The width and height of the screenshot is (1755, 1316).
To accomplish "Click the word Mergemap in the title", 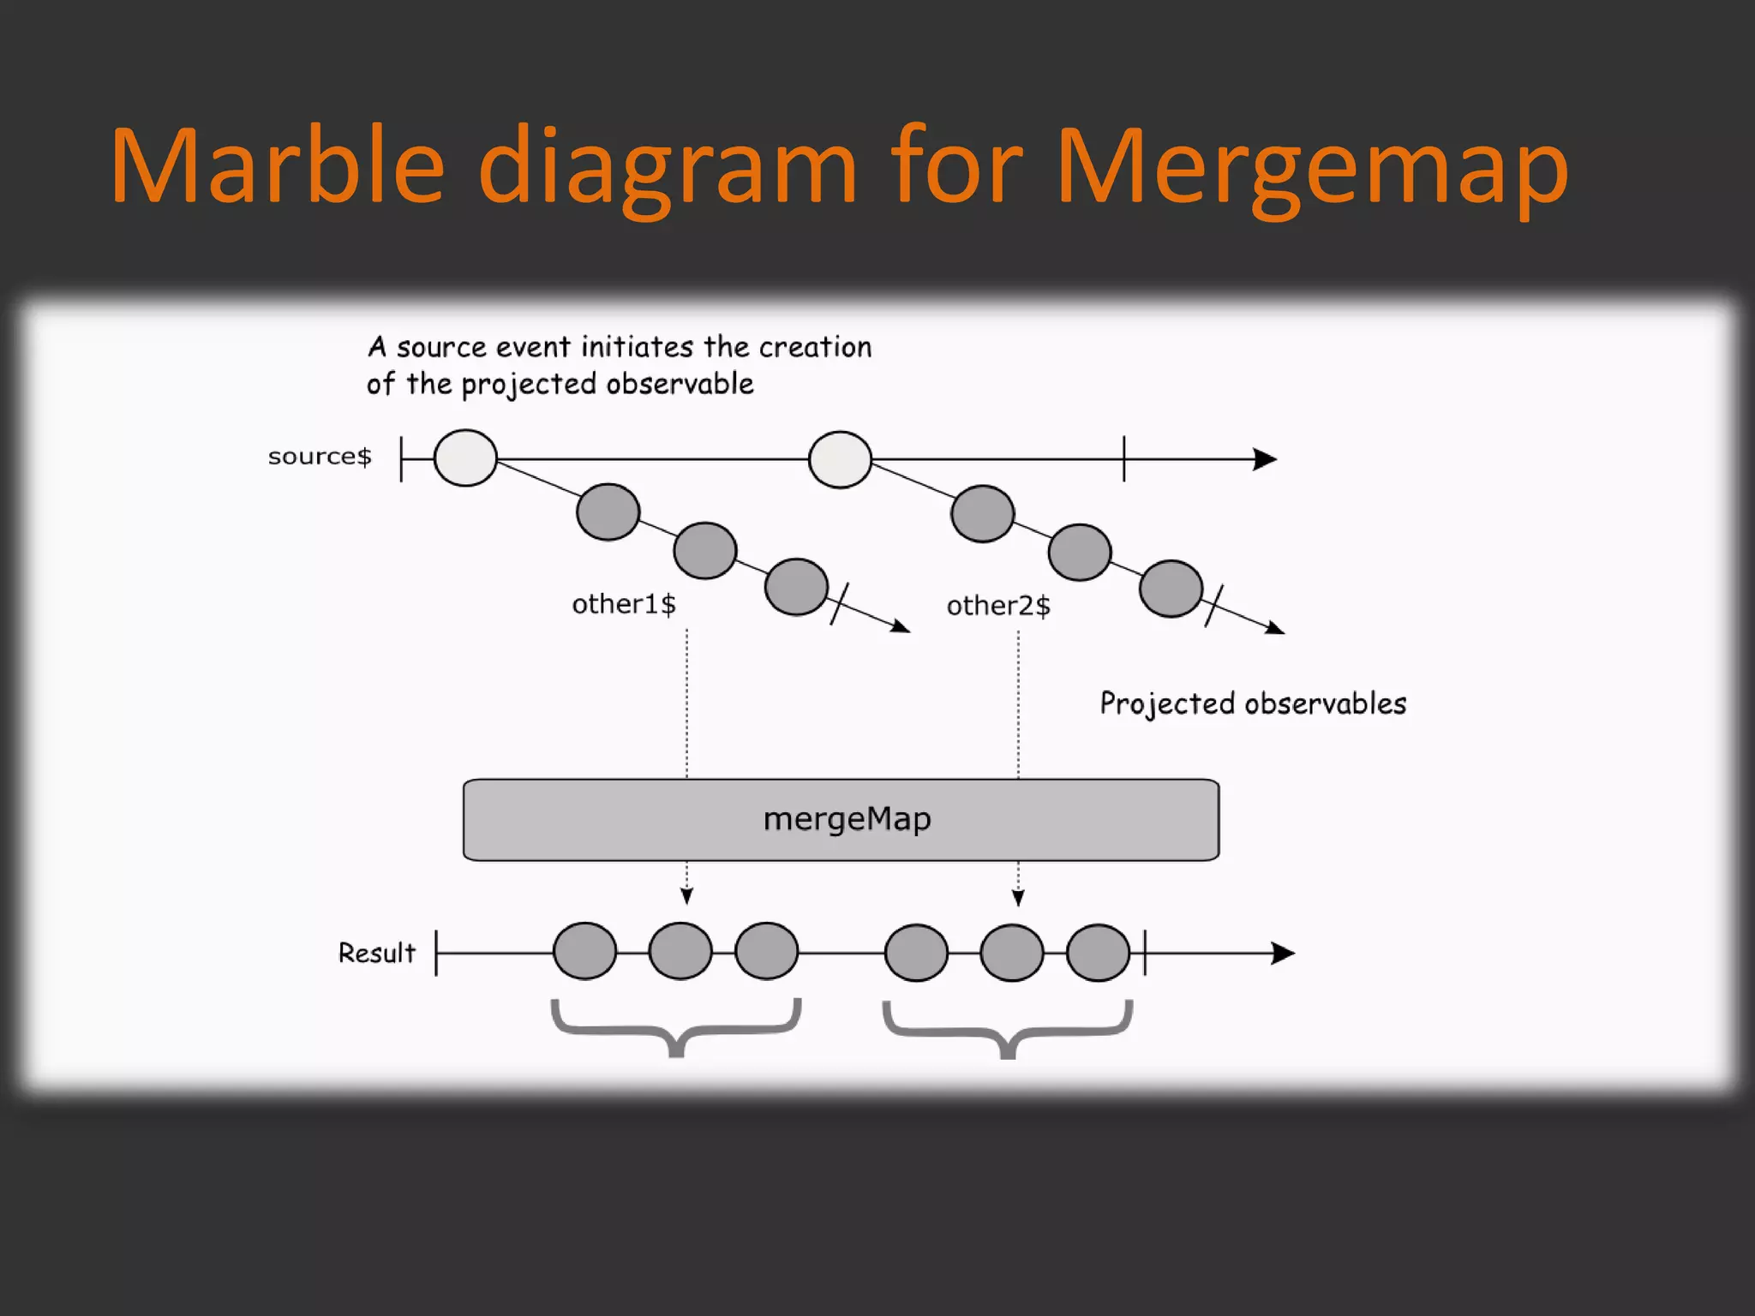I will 1311,167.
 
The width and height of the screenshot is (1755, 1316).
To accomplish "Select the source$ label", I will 320,457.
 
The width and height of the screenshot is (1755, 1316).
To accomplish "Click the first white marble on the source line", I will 465,458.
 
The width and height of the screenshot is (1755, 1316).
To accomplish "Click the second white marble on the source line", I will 840,460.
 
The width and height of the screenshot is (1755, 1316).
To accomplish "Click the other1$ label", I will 624,605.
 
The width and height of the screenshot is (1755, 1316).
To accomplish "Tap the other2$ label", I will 998,607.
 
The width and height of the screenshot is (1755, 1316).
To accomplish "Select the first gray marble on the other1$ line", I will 608,512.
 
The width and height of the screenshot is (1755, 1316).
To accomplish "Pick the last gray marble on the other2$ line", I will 1171,589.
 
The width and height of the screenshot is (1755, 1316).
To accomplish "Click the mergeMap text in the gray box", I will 847,820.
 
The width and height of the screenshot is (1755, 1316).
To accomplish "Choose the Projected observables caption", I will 1253,704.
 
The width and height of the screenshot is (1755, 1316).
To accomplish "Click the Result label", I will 376,953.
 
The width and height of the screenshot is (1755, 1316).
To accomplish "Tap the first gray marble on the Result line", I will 584,951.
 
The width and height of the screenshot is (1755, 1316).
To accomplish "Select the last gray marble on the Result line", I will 1098,953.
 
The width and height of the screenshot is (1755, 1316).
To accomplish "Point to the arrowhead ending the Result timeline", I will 1283,953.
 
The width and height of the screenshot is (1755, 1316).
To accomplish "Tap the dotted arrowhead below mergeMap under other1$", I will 686,896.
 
